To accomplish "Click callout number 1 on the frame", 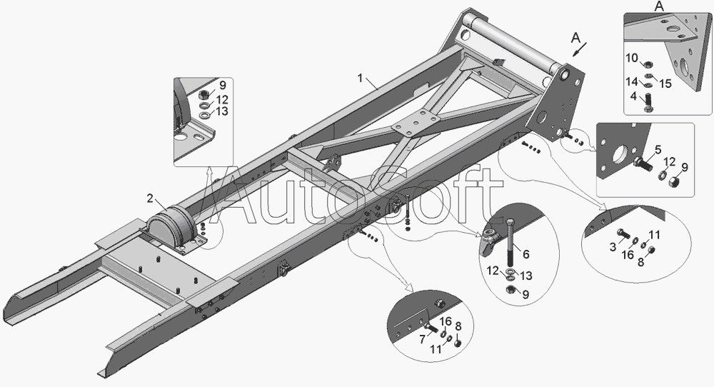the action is point(360,79).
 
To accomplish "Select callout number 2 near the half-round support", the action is point(150,198).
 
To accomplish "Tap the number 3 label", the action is point(613,247).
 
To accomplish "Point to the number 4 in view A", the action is point(633,96).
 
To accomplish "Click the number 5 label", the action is point(658,149).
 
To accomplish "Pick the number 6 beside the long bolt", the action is point(526,254).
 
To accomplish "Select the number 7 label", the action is point(422,339).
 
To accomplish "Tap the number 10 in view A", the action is point(632,58).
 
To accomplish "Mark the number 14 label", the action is point(632,82).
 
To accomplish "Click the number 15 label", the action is point(665,84).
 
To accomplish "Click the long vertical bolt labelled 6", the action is point(510,243).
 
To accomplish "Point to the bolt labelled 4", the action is point(648,102).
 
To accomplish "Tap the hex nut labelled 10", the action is point(648,64).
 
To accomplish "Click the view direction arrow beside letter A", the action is point(580,49).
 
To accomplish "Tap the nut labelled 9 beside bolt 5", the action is point(674,183).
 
